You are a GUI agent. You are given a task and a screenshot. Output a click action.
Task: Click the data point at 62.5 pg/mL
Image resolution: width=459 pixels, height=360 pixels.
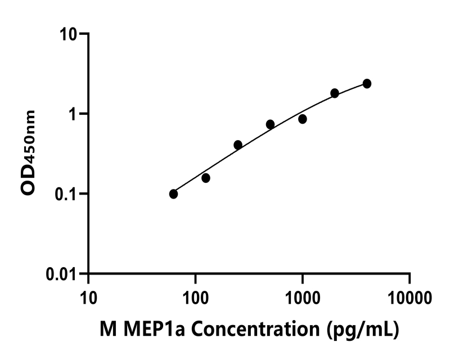pos(173,194)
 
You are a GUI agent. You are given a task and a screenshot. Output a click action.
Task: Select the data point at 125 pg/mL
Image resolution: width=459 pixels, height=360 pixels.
pos(206,178)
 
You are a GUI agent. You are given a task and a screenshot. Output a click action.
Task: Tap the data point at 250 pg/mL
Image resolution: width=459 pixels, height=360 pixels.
pos(238,145)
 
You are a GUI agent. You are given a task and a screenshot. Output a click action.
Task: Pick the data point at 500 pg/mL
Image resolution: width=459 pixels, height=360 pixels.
pos(270,124)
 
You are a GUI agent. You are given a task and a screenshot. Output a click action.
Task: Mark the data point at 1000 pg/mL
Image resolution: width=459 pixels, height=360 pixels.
pos(303,119)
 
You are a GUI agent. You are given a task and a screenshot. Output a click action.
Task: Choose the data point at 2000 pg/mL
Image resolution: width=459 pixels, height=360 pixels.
pos(335,93)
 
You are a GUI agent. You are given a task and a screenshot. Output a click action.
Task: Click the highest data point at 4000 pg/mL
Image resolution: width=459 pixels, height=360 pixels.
pos(367,83)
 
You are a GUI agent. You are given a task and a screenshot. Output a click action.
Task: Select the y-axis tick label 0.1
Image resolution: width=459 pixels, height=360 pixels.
pos(67,194)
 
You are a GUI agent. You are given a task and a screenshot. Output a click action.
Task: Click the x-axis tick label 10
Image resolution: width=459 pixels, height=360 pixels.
pos(88,296)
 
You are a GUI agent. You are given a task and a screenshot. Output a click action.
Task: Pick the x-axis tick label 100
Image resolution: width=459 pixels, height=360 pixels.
pos(195,296)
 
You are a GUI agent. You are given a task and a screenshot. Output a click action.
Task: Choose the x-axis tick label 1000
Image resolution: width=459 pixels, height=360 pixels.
pos(303,296)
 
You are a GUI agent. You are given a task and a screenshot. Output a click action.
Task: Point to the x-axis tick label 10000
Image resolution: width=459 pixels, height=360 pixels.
pos(409,296)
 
